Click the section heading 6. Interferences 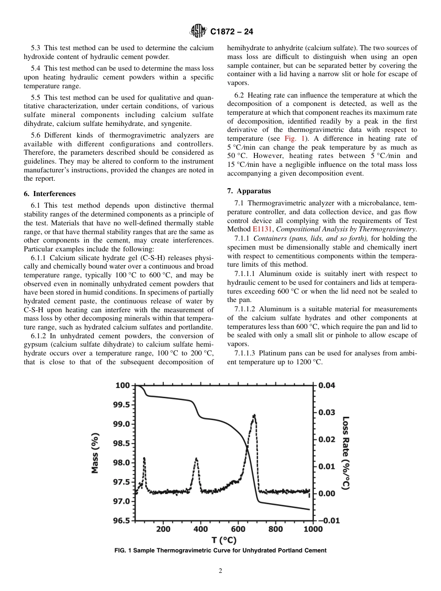pyautogui.click(x=50, y=194)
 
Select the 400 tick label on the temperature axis pyautogui.click(x=201, y=529)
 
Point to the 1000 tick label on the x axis pyautogui.click(x=313, y=529)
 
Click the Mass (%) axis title pyautogui.click(x=95, y=453)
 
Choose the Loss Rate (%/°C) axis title pyautogui.click(x=346, y=453)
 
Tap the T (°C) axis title pyautogui.click(x=224, y=540)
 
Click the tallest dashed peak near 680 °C pyautogui.click(x=254, y=416)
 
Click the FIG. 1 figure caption pyautogui.click(x=220, y=551)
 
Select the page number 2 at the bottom pyautogui.click(x=220, y=571)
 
